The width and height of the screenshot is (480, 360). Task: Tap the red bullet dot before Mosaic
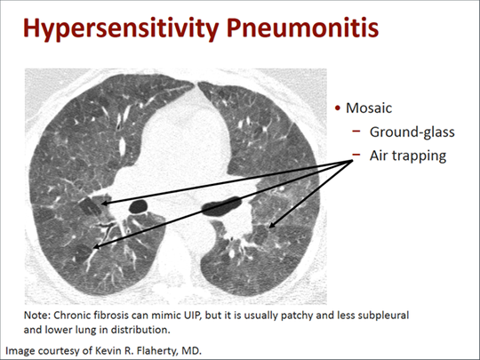[338, 109]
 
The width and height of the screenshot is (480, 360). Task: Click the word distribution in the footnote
[156, 329]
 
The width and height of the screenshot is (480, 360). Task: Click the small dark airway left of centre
[139, 206]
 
